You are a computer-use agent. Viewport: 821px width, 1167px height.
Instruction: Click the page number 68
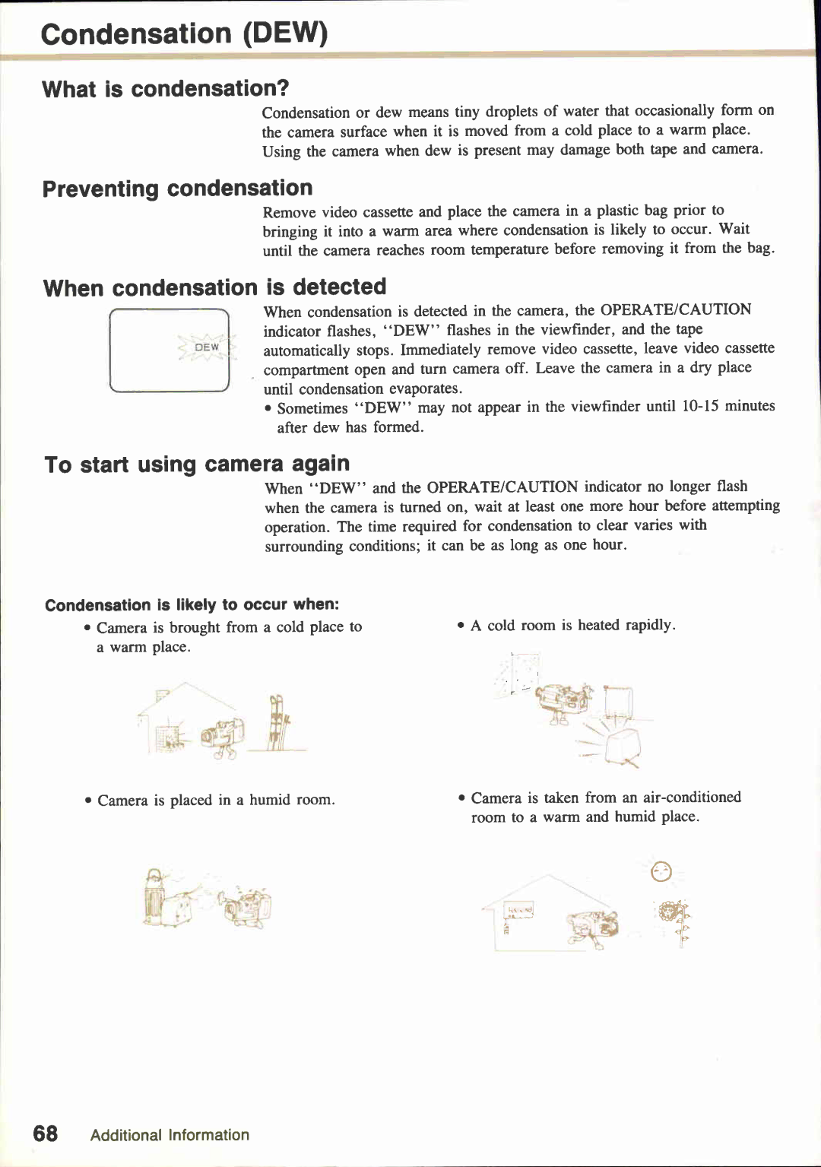point(46,1134)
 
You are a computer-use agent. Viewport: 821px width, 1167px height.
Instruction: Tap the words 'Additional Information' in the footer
point(170,1135)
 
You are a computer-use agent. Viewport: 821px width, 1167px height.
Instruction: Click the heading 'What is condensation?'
point(166,89)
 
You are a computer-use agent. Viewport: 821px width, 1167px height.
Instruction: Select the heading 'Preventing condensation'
point(177,189)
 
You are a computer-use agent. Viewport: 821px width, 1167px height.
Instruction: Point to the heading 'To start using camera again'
point(197,464)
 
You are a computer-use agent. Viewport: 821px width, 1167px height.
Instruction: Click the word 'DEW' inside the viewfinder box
point(207,347)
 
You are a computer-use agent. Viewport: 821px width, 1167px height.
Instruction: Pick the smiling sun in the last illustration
point(661,872)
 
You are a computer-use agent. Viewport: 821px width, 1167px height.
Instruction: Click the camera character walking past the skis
point(223,735)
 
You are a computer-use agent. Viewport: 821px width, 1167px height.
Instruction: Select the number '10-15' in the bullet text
point(699,406)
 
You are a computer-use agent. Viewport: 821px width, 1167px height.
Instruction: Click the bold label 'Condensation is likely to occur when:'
point(192,605)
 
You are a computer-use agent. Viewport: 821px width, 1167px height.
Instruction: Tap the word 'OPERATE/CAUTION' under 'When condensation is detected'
point(675,309)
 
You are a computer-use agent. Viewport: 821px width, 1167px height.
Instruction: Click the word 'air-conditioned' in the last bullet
point(692,797)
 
